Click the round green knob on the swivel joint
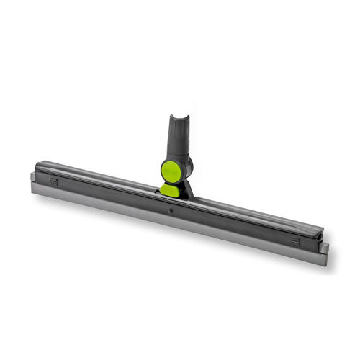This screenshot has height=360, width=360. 171,171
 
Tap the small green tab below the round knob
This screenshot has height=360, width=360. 171,190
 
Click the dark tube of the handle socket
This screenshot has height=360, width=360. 181,137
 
